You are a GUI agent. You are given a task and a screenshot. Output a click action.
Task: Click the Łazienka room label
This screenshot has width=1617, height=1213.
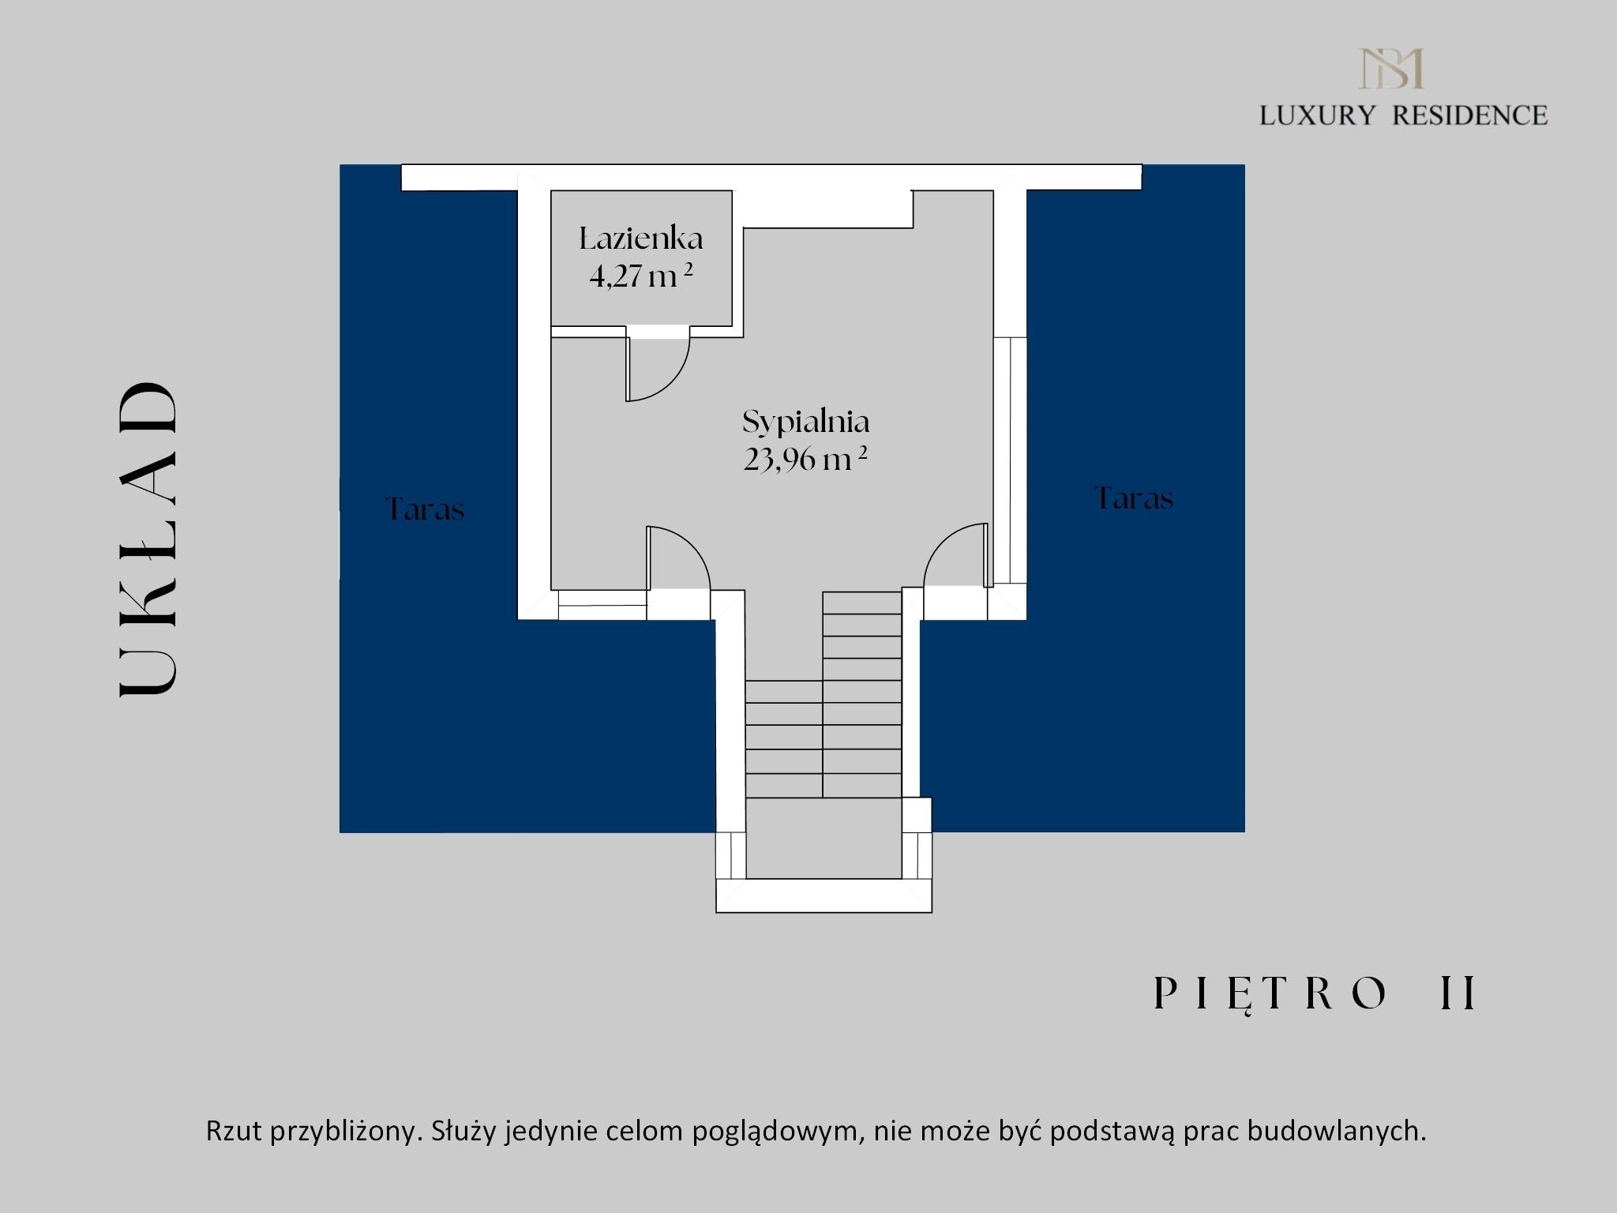641,238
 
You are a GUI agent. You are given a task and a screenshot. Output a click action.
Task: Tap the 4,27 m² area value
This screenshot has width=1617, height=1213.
641,276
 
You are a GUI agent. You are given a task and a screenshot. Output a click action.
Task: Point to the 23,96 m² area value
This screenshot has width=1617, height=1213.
805,459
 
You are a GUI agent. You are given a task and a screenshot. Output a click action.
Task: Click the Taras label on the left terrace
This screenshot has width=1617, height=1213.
426,509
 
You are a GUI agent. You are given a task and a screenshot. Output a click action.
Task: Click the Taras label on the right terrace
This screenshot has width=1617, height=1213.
1134,498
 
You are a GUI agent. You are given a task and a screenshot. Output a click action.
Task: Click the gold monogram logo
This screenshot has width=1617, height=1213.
1391,68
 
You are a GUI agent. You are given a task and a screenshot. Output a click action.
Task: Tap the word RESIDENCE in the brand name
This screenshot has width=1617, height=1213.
1469,115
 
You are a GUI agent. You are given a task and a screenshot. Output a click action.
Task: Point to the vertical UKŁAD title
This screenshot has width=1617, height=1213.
148,539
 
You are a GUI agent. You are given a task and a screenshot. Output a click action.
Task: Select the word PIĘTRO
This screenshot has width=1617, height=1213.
1270,993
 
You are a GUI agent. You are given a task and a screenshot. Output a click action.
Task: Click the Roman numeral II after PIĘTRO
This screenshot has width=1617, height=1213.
1458,993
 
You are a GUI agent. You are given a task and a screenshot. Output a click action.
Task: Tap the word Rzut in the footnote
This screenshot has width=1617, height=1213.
234,1131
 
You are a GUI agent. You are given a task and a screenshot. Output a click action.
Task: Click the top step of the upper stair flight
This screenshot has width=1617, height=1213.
862,603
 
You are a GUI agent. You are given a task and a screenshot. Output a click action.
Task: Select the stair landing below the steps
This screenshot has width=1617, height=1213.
824,838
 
